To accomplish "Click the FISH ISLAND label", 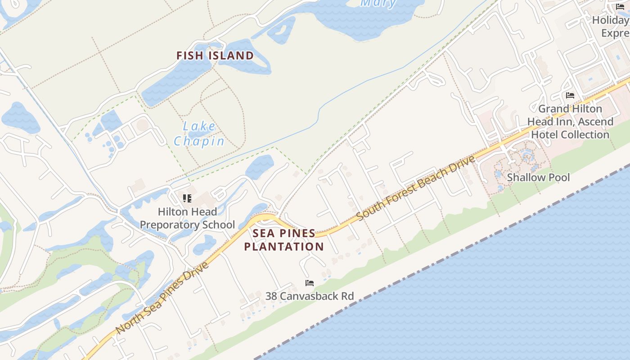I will [x=215, y=56].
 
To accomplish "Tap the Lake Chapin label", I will [x=199, y=134].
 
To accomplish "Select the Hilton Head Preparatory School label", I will [x=187, y=218].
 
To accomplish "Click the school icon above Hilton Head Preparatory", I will [x=187, y=198].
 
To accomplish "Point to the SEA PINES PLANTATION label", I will [x=284, y=240].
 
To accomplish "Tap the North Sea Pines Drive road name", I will [x=162, y=298].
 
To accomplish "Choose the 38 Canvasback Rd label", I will [x=309, y=296].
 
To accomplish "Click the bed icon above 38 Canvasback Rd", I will [x=310, y=283].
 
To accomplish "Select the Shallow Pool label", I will [x=538, y=177].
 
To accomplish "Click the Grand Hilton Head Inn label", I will [x=570, y=121].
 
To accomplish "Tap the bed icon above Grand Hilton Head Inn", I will [x=570, y=95].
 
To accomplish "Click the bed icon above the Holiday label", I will [x=620, y=6].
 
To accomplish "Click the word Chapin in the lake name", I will [x=199, y=141].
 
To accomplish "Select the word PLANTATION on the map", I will [x=284, y=247].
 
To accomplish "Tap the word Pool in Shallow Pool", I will [x=558, y=177].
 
